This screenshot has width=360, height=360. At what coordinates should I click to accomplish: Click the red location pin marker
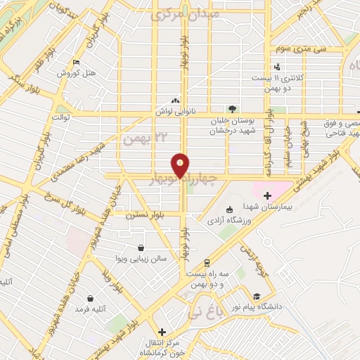pyautogui.click(x=181, y=165)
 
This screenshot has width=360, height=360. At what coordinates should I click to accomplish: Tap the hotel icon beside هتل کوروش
pyautogui.click(x=76, y=63)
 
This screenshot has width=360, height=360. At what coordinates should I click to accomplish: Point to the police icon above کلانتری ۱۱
pyautogui.click(x=277, y=67)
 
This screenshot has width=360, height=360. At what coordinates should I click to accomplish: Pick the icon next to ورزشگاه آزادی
pyautogui.click(x=229, y=210)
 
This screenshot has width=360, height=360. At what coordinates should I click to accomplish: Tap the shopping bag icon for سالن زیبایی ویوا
pyautogui.click(x=142, y=247)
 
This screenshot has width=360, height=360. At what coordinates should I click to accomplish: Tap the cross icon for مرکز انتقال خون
pyautogui.click(x=162, y=331)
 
